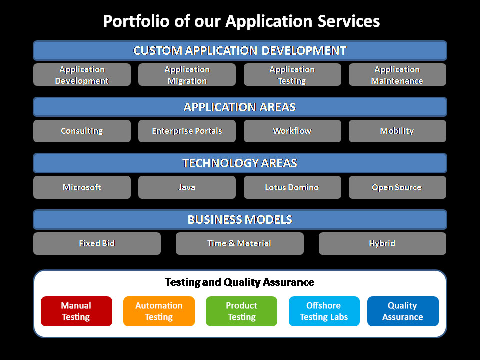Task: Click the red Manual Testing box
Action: [x=77, y=311]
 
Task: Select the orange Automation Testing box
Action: [x=159, y=311]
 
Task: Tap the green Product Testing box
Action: [x=242, y=311]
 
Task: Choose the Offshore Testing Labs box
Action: [x=324, y=311]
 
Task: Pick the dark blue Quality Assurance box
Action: [x=403, y=311]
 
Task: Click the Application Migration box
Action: [x=187, y=74]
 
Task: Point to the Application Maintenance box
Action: [x=397, y=74]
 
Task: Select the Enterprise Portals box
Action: [x=187, y=131]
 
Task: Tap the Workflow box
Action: [x=292, y=131]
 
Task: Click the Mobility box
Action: [x=397, y=131]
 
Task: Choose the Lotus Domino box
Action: [x=292, y=187]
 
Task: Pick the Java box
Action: [x=187, y=187]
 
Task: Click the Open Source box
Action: [x=397, y=187]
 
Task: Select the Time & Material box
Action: [x=240, y=243]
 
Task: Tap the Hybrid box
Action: [x=382, y=243]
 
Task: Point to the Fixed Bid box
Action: [x=97, y=243]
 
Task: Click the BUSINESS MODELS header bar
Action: [x=240, y=220]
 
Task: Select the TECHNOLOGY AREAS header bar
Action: [x=240, y=163]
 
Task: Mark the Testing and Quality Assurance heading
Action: [x=239, y=282]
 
